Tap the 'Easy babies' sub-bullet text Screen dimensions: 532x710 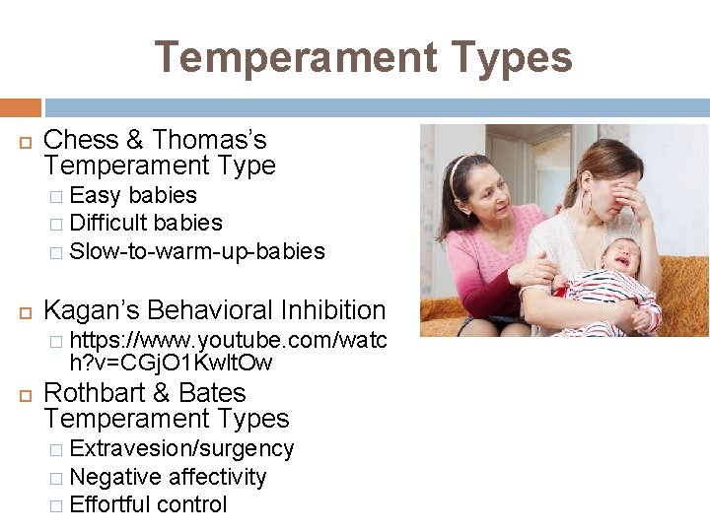pos(133,195)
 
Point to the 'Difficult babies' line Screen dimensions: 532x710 pos(146,224)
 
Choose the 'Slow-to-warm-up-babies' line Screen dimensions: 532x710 pos(197,251)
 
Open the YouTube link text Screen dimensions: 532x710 pos(227,352)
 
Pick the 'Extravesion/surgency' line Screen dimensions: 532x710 pos(182,449)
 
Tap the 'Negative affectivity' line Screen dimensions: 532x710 pos(169,477)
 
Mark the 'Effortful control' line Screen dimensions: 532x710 pos(149,504)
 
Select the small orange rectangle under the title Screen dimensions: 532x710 pos(20,106)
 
